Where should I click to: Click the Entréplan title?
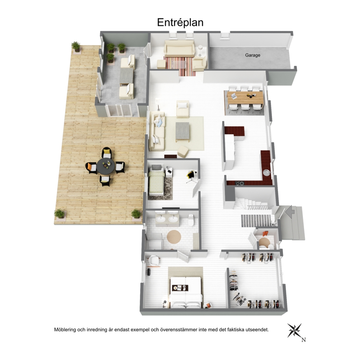180,22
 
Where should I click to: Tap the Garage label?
253,55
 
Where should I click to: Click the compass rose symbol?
294,330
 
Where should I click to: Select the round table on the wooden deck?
106,166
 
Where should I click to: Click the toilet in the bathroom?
191,220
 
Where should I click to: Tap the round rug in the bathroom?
174,237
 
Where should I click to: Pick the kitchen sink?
267,172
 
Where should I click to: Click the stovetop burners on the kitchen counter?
240,183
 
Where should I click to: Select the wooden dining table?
245,98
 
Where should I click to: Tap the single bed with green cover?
156,181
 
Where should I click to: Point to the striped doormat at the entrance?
256,221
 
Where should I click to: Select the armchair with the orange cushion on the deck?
91,167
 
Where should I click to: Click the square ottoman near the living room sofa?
183,152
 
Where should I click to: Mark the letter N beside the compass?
303,340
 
